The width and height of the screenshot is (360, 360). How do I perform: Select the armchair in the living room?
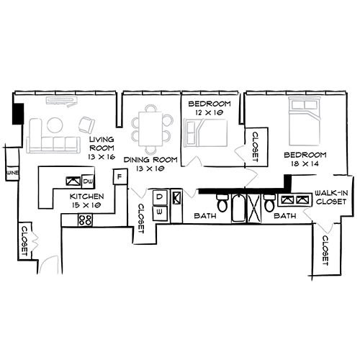click(x=87, y=123)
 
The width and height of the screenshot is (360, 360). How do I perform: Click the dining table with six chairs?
click(x=150, y=125)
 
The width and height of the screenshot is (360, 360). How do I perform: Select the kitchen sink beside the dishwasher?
click(x=73, y=181)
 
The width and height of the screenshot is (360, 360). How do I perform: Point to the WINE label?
click(x=11, y=174)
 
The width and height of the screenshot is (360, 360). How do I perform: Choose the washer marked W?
click(x=160, y=212)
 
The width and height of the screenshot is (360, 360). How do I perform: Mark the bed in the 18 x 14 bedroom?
click(x=305, y=124)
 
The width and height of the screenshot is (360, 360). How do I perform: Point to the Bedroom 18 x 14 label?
click(x=305, y=159)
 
